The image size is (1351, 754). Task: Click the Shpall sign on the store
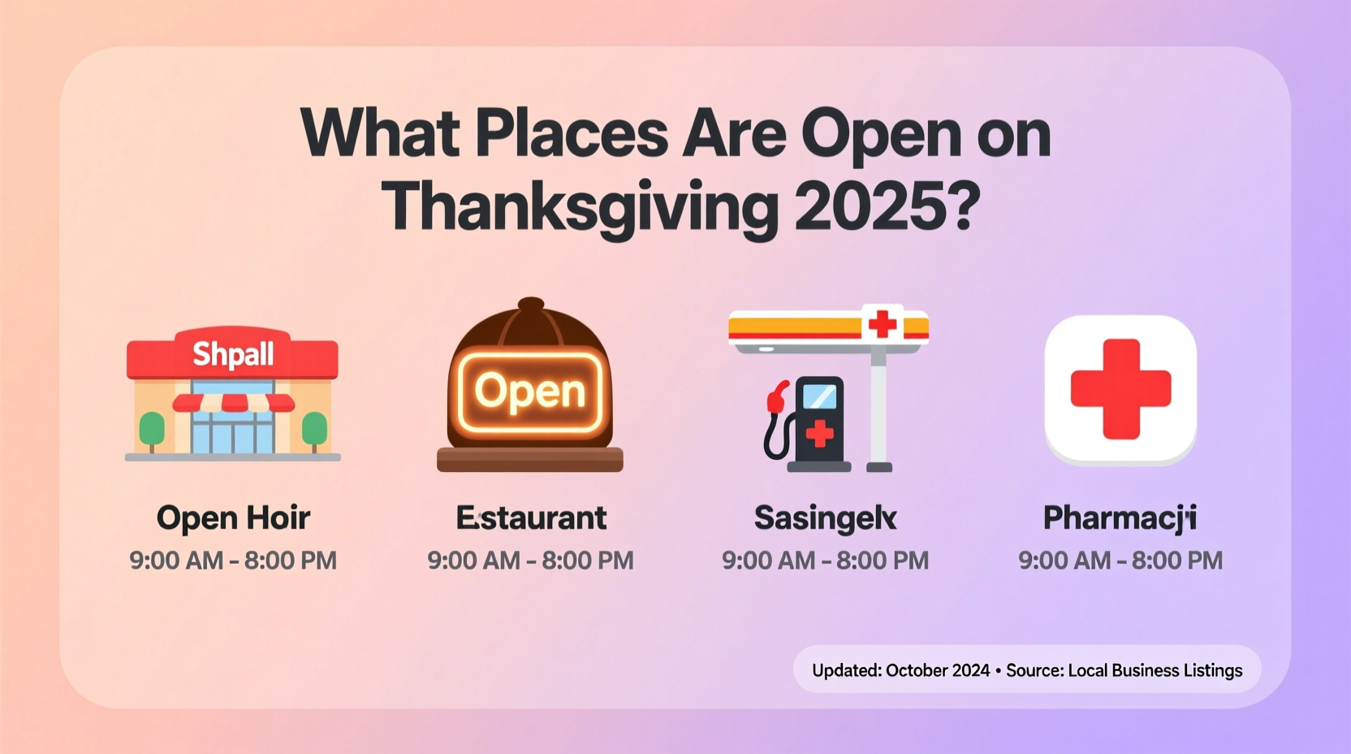point(233,355)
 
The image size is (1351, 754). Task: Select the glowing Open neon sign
point(530,392)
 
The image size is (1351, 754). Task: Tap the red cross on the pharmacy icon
point(1120,389)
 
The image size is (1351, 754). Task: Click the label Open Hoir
point(233,518)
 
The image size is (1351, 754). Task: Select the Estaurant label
point(531,518)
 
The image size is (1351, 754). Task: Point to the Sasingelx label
point(825,518)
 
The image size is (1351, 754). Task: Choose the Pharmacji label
point(1120,518)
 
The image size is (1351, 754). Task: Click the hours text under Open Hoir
point(233,561)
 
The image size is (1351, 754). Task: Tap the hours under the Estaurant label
point(531,561)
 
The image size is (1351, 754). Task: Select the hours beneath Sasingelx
point(825,561)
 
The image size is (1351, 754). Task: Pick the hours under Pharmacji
point(1120,561)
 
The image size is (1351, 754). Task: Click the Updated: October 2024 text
point(900,670)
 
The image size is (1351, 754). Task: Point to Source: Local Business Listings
point(1124,670)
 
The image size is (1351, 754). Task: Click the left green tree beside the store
point(152,428)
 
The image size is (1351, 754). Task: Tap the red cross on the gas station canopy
point(883,324)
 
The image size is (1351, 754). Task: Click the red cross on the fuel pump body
point(819,433)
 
